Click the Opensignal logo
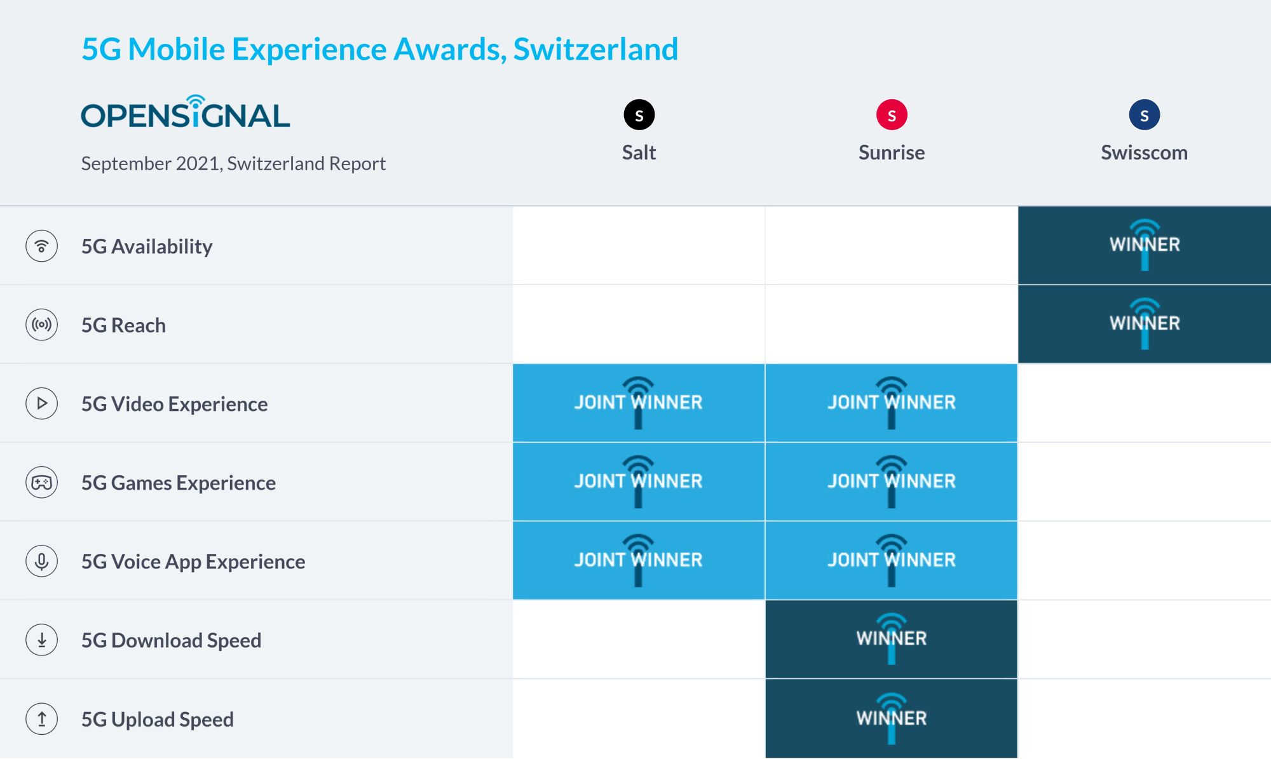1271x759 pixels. click(x=186, y=112)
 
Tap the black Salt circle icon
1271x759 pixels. click(x=639, y=115)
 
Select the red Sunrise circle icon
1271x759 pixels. click(x=892, y=115)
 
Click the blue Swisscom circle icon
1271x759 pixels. click(x=1145, y=115)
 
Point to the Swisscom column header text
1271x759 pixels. click(x=1144, y=152)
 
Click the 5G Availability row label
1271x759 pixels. click(x=147, y=246)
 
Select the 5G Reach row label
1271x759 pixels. click(x=123, y=325)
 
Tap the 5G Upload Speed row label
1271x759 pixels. click(x=158, y=720)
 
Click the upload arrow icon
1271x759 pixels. click(x=42, y=719)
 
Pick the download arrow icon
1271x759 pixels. click(x=42, y=640)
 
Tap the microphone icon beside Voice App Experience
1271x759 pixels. click(x=42, y=561)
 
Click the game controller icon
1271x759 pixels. click(x=42, y=483)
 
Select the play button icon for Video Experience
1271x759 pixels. click(x=42, y=404)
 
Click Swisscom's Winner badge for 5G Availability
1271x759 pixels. click(x=1145, y=245)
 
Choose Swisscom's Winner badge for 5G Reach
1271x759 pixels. click(x=1145, y=324)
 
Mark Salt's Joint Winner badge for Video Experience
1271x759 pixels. click(x=639, y=403)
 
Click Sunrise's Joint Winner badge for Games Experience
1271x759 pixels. click(x=892, y=481)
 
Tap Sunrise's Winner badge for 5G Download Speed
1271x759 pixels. click(x=892, y=639)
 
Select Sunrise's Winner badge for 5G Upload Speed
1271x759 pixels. click(x=892, y=718)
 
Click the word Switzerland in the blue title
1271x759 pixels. click(x=595, y=50)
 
